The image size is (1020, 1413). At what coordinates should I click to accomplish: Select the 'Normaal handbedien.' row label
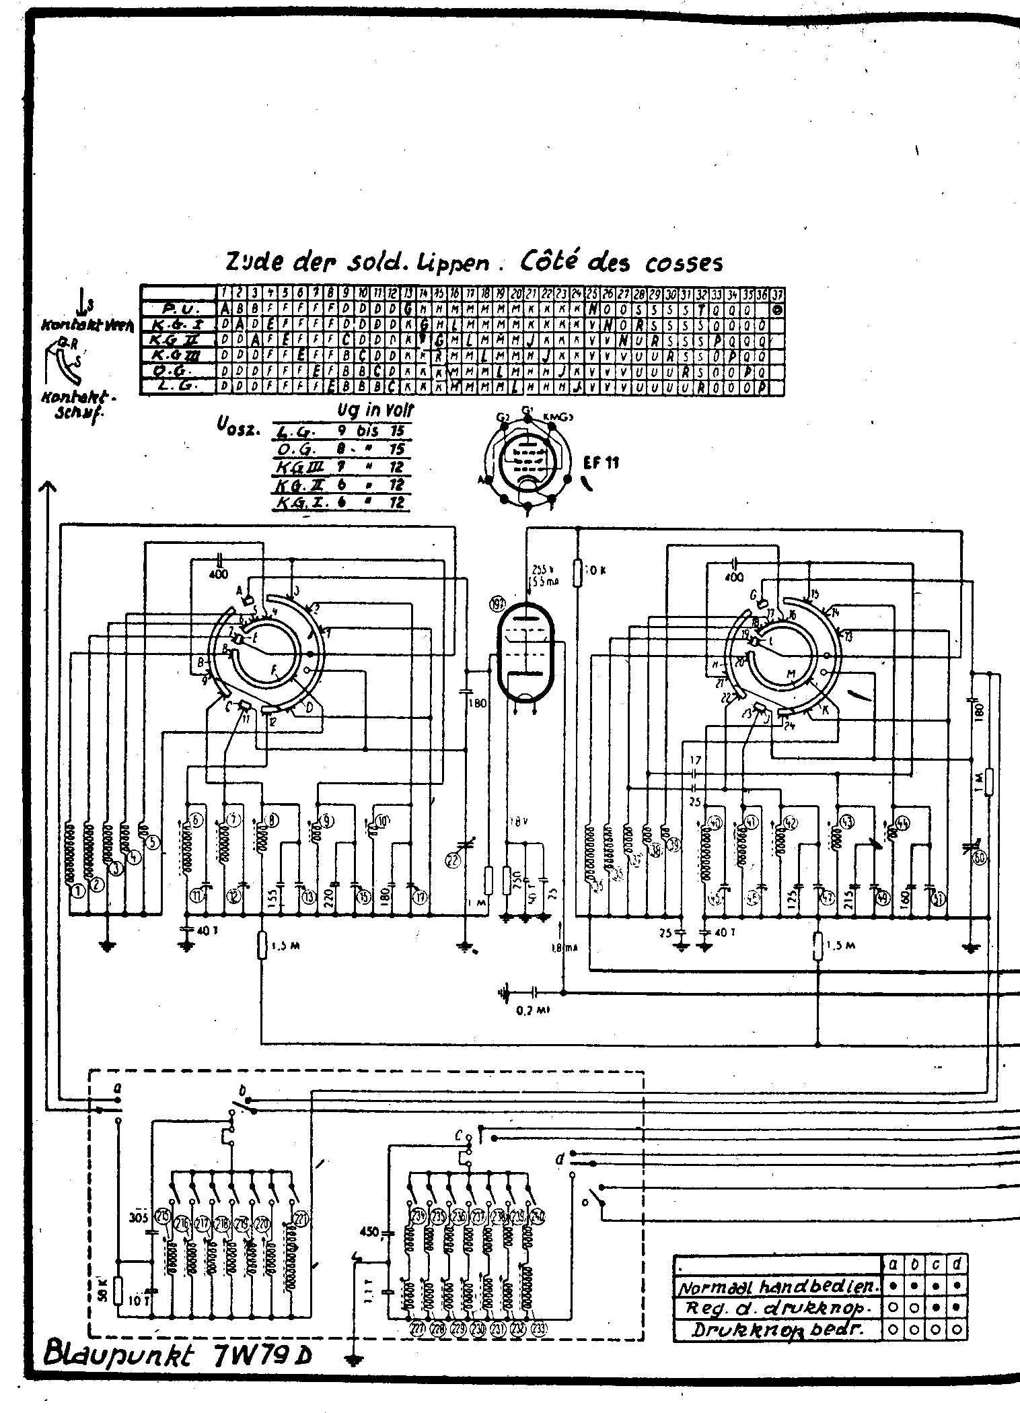click(777, 1287)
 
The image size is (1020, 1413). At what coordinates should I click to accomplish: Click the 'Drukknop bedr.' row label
click(777, 1330)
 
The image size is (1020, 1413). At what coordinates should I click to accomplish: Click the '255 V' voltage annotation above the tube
click(539, 567)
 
